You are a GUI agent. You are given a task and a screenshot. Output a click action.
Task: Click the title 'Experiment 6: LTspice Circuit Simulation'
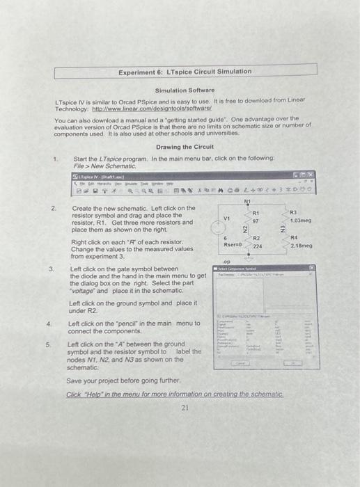pos(185,72)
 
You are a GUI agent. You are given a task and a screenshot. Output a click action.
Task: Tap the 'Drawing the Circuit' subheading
pos(185,147)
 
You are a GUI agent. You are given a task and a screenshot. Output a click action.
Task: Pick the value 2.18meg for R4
pos(302,246)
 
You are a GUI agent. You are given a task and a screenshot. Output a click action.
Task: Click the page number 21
pos(185,408)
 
